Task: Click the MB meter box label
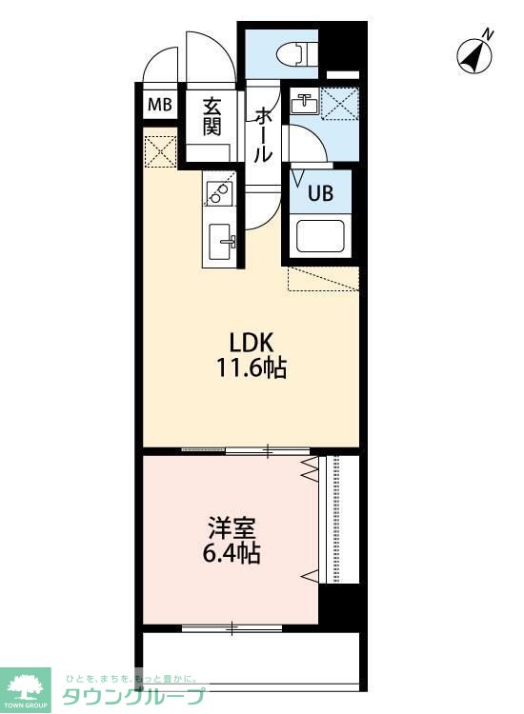(x=160, y=105)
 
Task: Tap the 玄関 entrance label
(x=212, y=116)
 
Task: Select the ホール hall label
(x=263, y=135)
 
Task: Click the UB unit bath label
(x=321, y=193)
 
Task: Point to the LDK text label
(x=252, y=343)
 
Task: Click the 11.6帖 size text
(x=252, y=367)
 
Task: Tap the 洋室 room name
(x=231, y=528)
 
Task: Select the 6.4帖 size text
(x=231, y=554)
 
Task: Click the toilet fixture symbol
(x=297, y=53)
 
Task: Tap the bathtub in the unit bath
(x=320, y=236)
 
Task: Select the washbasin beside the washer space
(x=304, y=103)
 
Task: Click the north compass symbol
(x=474, y=56)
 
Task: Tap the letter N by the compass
(x=488, y=33)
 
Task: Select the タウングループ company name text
(x=133, y=696)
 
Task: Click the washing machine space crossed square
(x=339, y=103)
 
